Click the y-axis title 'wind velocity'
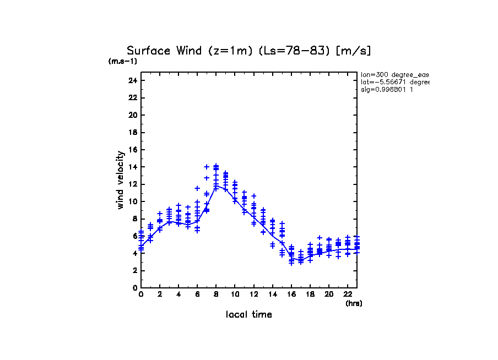click(x=120, y=180)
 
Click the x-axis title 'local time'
click(x=248, y=314)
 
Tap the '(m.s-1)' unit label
click(x=122, y=61)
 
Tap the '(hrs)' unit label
click(x=354, y=303)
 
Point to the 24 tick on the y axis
click(x=132, y=80)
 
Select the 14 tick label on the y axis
click(x=132, y=167)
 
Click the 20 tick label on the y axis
click(x=132, y=115)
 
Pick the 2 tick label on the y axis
click(x=134, y=270)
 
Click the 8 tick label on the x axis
click(x=216, y=294)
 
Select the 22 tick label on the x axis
click(x=348, y=294)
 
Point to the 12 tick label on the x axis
click(x=253, y=294)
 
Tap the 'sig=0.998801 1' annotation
click(x=387, y=89)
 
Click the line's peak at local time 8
click(x=216, y=186)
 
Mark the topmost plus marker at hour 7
click(x=207, y=167)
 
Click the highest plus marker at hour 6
click(x=197, y=188)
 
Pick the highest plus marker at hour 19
click(x=320, y=237)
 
